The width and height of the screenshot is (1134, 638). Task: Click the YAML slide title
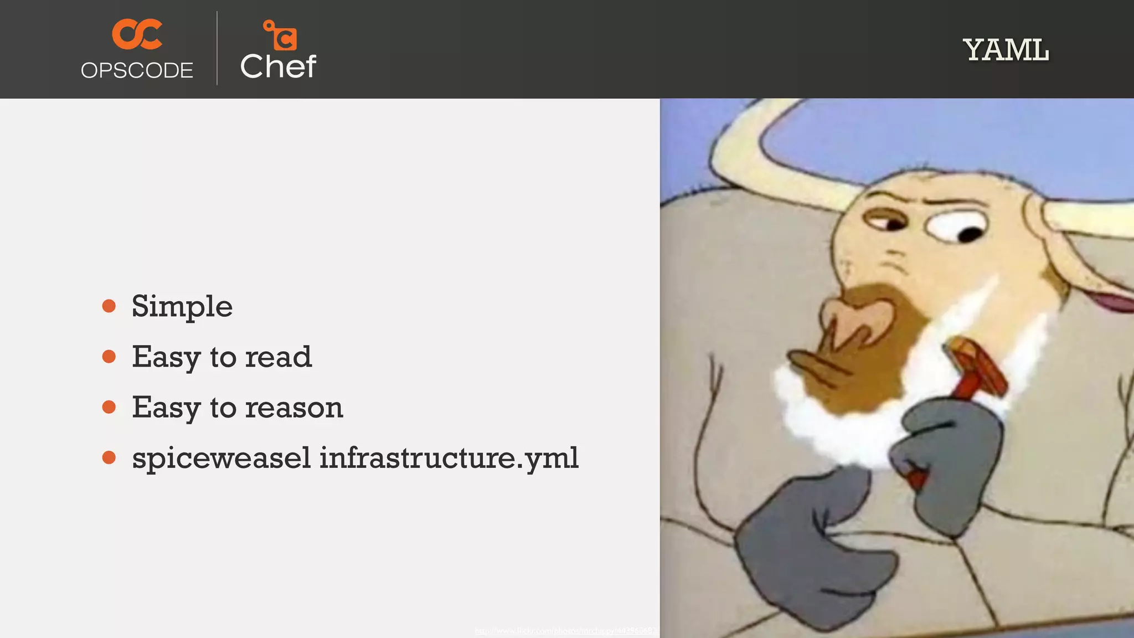click(1006, 50)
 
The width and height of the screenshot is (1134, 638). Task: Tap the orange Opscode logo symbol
click(137, 34)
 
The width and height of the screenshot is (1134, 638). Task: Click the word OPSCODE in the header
click(137, 70)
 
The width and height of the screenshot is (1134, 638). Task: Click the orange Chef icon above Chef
click(280, 35)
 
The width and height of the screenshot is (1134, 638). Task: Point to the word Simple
click(182, 306)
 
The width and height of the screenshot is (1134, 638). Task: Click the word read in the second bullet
click(279, 357)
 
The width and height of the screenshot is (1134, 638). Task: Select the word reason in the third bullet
click(294, 408)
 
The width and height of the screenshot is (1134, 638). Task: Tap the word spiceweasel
click(221, 459)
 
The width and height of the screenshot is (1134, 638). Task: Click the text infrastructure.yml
click(449, 458)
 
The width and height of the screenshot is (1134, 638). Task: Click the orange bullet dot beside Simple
click(109, 306)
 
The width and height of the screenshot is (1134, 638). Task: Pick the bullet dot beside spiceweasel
click(109, 457)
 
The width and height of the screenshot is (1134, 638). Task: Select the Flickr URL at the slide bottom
click(566, 631)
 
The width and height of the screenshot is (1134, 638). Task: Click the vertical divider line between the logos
click(217, 49)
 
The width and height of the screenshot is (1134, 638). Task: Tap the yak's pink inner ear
click(1113, 302)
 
